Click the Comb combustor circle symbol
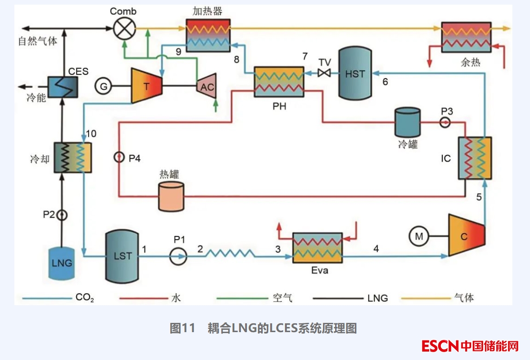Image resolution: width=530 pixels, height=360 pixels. [123, 28]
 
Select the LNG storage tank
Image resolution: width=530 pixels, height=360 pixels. [62, 263]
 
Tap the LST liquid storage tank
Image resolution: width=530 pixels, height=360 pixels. [123, 256]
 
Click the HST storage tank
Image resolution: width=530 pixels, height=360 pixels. [355, 73]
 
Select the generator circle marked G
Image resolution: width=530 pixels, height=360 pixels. [103, 86]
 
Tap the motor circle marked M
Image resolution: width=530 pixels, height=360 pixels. [419, 236]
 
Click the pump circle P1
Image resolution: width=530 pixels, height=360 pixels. [178, 255]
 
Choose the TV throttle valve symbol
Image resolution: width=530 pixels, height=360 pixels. [324, 73]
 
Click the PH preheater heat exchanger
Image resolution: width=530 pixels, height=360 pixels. [279, 82]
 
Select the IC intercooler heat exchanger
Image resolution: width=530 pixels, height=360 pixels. [474, 158]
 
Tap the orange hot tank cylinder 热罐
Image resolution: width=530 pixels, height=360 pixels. [171, 196]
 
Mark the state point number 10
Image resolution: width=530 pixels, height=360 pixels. [91, 134]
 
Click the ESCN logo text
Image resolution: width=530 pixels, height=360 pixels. [440, 346]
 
